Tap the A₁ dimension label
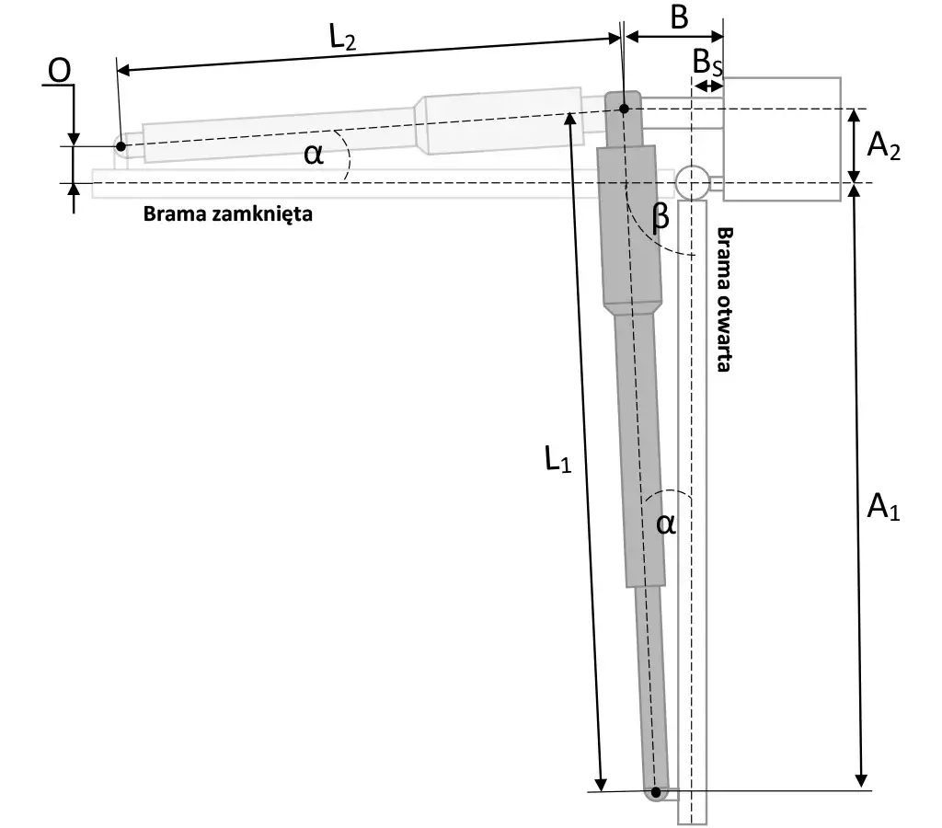point(883,506)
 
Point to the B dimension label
point(679,17)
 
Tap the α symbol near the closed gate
point(315,154)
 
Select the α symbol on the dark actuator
point(666,523)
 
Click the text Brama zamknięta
point(228,214)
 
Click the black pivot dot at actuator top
point(624,109)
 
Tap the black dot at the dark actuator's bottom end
point(655,791)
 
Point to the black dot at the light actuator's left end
point(121,145)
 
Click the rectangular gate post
point(781,139)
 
